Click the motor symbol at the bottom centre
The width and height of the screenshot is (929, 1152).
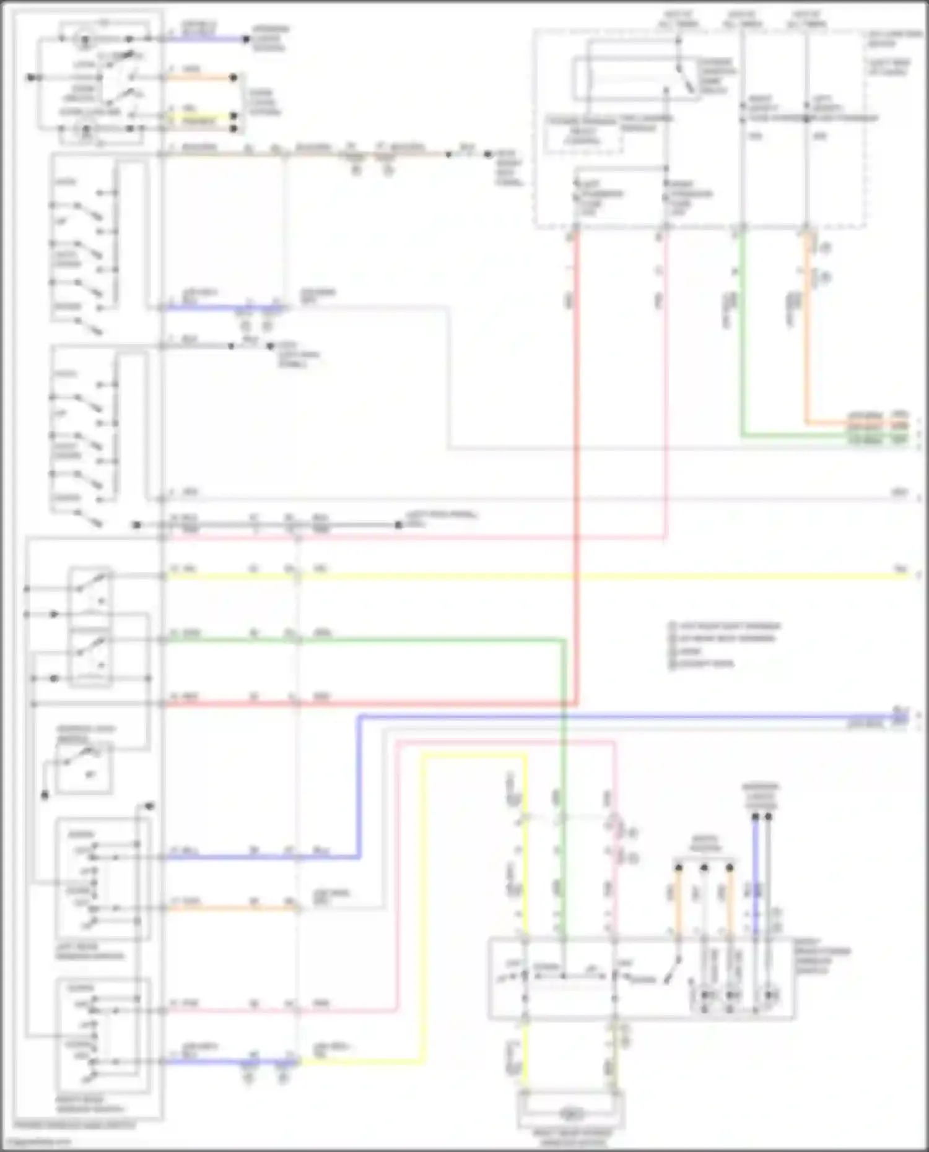(571, 1114)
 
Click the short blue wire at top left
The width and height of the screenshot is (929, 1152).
(204, 39)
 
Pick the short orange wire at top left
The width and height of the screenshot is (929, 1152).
(198, 78)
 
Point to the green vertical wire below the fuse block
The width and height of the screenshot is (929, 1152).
(742, 334)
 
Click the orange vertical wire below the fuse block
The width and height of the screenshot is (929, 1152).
(806, 334)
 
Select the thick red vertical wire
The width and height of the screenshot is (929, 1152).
(577, 464)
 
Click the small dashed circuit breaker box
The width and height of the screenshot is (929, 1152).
(582, 136)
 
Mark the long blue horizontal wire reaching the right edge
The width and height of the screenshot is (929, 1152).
(619, 717)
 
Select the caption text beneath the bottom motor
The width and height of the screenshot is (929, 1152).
(571, 1138)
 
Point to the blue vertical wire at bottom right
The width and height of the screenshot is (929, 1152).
(755, 873)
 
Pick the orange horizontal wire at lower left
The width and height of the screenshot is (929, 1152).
(229, 908)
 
